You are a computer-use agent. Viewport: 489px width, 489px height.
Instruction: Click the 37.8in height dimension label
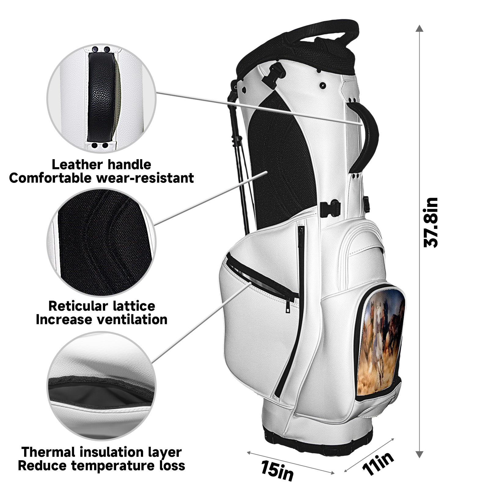[x=431, y=222]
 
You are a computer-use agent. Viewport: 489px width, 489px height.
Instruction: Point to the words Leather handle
[x=101, y=164]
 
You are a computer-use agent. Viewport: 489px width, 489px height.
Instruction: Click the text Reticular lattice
[x=102, y=306]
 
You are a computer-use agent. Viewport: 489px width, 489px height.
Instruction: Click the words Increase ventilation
[x=102, y=319]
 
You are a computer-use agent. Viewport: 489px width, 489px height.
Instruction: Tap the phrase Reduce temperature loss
[x=102, y=466]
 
